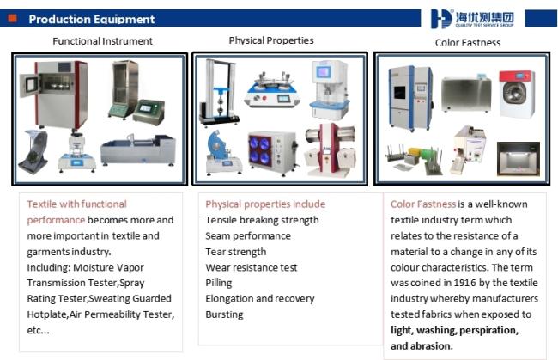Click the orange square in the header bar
point(13,18)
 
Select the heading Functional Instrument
point(102,41)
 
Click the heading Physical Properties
point(271,40)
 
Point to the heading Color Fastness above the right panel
point(468,42)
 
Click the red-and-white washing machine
point(517,94)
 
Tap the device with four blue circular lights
point(273,152)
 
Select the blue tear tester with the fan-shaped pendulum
point(222,153)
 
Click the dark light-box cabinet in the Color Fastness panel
point(519,159)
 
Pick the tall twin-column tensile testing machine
point(219,93)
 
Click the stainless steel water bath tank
point(466,95)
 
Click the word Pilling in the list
point(219,283)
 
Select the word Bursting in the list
point(224,314)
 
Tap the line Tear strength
point(235,252)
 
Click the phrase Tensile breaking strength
point(262,220)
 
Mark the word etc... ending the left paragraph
point(38,330)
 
